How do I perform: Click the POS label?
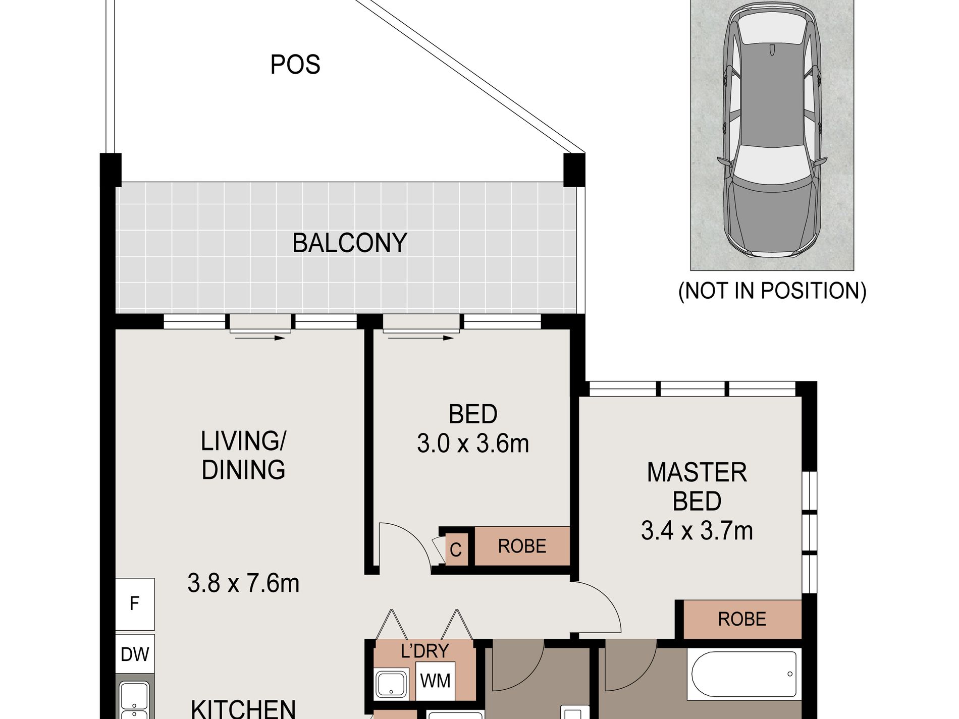[x=295, y=65]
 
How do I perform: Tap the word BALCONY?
[x=350, y=243]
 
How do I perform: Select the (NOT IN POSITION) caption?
[x=772, y=291]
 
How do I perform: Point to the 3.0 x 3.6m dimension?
[x=473, y=444]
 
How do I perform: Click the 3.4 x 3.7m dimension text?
[x=697, y=531]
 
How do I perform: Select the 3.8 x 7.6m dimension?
[x=243, y=583]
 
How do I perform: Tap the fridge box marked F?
[x=135, y=604]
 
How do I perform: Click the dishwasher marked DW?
[x=135, y=654]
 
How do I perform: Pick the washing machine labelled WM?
[x=435, y=681]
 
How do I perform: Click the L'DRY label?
[x=424, y=651]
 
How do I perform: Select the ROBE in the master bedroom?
[x=742, y=619]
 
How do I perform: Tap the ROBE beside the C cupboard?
[x=522, y=546]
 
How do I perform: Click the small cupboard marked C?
[x=455, y=549]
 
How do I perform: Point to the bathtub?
[x=744, y=674]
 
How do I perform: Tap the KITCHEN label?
[x=243, y=708]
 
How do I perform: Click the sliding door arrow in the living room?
[x=260, y=338]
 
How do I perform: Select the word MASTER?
[x=697, y=473]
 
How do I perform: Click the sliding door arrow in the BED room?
[x=421, y=338]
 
